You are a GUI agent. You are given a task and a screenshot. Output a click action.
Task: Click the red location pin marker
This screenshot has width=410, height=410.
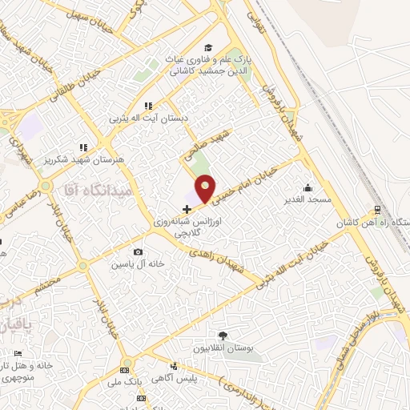click(x=206, y=187)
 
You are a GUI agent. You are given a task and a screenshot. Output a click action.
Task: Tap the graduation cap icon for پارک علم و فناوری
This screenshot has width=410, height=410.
click(x=208, y=47)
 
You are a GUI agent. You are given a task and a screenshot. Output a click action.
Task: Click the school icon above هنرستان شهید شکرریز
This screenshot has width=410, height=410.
click(x=82, y=147)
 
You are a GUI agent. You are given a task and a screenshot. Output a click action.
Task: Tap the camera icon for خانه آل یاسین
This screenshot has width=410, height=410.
click(x=138, y=252)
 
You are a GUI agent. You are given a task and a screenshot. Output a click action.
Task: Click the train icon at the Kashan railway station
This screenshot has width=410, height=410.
click(x=376, y=211)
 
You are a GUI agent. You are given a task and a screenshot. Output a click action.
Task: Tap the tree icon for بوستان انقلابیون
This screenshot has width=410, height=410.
click(x=222, y=336)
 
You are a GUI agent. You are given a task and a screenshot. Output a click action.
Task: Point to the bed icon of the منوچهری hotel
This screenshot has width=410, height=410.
click(x=18, y=354)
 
